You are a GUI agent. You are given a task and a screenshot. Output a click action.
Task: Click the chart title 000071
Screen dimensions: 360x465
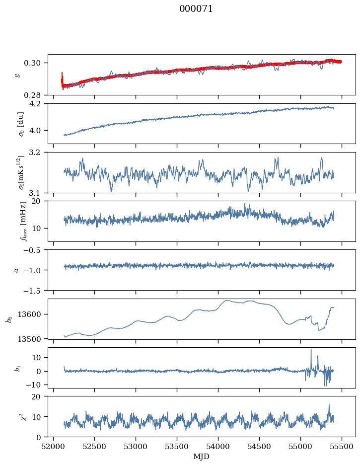tap(196, 9)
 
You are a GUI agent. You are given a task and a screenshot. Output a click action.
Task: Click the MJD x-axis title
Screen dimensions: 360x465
tap(201, 456)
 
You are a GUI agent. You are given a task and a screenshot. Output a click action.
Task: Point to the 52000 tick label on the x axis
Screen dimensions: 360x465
tap(53, 446)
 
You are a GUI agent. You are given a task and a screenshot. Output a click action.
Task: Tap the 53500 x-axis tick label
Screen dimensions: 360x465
tap(177, 446)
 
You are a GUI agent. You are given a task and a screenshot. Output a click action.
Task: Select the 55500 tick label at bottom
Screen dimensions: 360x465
tap(342, 446)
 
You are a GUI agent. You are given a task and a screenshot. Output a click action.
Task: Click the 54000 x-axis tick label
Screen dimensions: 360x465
tap(218, 446)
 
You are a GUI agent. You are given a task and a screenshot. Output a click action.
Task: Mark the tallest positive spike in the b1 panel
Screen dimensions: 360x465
tap(311, 349)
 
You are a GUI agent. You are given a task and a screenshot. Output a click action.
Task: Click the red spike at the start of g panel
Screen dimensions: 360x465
tap(62, 80)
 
